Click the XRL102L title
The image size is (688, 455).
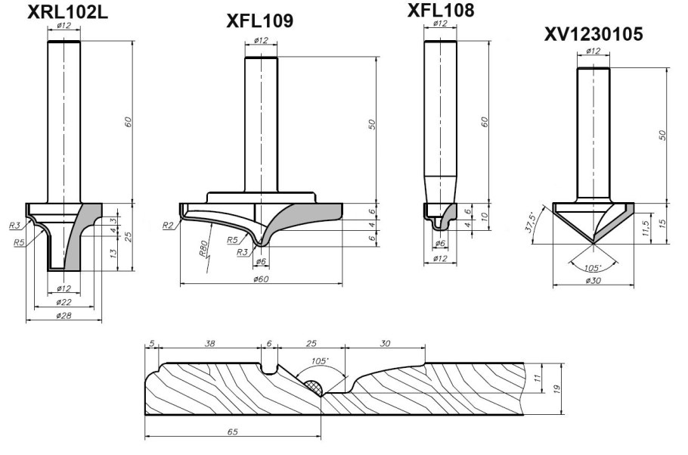(67, 12)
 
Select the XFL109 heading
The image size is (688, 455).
(260, 21)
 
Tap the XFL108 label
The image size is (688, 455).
(441, 11)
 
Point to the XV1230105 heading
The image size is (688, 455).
(593, 34)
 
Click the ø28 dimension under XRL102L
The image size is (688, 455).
(64, 315)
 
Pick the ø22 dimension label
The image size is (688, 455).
(64, 302)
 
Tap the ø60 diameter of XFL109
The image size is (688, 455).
(262, 279)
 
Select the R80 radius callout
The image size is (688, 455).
(203, 248)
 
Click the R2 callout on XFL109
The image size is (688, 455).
(168, 226)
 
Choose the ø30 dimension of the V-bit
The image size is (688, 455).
(593, 281)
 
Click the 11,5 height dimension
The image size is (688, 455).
(645, 229)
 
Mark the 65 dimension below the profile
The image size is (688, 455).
(233, 432)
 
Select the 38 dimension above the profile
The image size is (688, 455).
(209, 344)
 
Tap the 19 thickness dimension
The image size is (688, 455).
(556, 388)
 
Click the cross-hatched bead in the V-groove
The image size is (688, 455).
(313, 387)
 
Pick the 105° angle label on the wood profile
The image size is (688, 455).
(319, 361)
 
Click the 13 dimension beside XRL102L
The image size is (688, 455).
(113, 254)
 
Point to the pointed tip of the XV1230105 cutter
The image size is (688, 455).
(593, 243)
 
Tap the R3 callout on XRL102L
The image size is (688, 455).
(14, 226)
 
